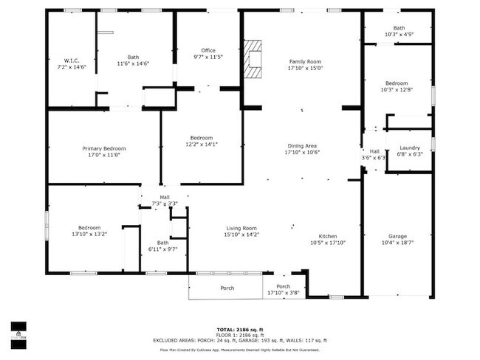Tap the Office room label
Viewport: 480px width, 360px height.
pyautogui.click(x=208, y=50)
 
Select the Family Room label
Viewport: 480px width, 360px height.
pyautogui.click(x=305, y=61)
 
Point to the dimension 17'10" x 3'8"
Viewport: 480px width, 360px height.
pyautogui.click(x=283, y=293)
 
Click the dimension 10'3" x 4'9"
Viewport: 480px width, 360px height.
pyautogui.click(x=399, y=35)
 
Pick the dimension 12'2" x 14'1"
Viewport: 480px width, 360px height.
pyautogui.click(x=202, y=145)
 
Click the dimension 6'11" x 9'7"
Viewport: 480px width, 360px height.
pyautogui.click(x=162, y=249)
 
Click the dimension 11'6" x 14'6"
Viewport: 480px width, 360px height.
pyautogui.click(x=133, y=63)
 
